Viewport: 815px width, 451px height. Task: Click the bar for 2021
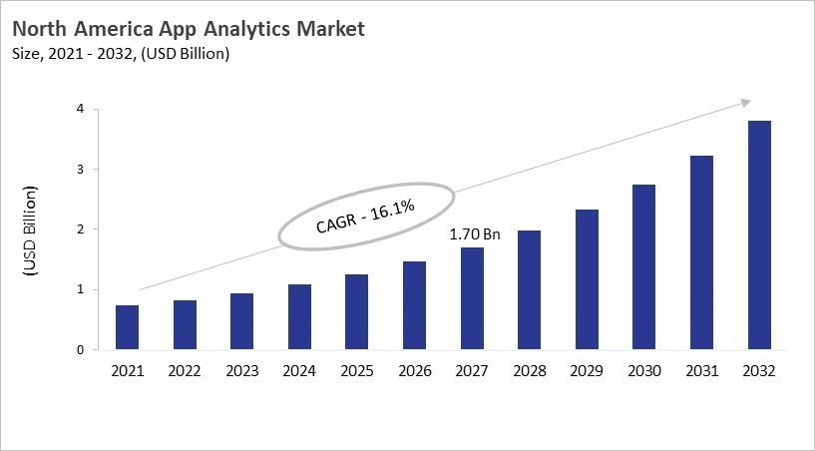point(127,327)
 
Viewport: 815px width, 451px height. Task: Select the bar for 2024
point(299,317)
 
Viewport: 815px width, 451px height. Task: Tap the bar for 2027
point(472,298)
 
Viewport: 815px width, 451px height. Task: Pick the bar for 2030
point(644,267)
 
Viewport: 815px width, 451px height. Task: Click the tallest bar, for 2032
point(759,235)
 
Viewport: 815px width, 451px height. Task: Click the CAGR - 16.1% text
point(365,215)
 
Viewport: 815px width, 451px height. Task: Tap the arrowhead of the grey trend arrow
point(744,102)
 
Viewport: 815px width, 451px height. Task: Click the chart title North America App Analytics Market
point(189,29)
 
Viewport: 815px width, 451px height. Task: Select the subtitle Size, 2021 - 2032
point(119,54)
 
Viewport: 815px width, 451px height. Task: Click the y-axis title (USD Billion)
point(31,230)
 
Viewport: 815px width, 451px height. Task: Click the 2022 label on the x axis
point(185,370)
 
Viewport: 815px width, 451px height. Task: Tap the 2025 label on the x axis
point(357,370)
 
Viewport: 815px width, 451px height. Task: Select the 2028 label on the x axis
point(530,370)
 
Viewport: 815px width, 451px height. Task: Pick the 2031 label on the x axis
point(702,370)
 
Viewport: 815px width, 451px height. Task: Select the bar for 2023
point(241,321)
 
